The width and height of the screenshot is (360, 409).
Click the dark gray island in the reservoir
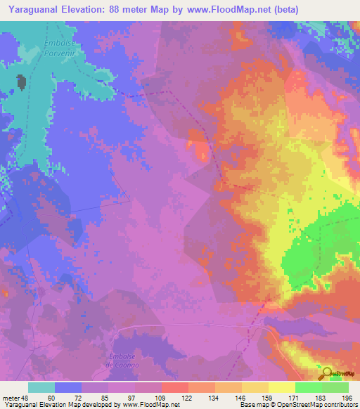(22, 83)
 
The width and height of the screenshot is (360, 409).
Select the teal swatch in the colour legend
(41, 387)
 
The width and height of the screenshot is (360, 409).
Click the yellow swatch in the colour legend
(281, 387)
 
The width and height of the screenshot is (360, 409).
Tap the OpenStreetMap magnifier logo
(326, 373)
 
